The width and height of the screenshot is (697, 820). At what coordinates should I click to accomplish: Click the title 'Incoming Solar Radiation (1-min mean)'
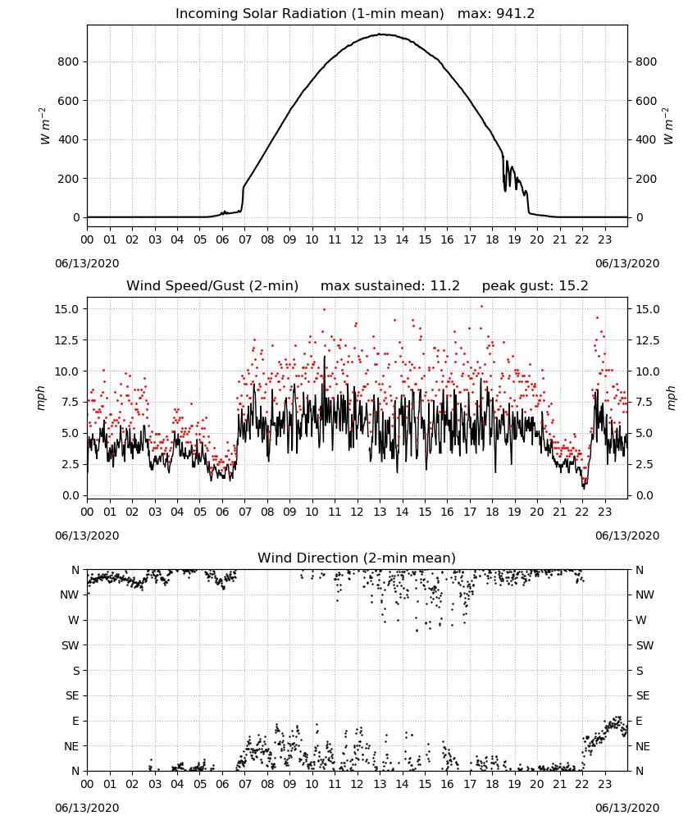coord(309,14)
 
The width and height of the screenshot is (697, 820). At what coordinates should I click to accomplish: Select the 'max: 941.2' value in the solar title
coord(496,14)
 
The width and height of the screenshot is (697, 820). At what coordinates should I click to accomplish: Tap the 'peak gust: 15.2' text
coord(535,286)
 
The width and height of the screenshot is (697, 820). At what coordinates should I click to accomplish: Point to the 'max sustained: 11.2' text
coord(390,286)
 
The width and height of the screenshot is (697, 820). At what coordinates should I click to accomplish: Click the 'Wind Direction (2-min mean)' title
coord(357,558)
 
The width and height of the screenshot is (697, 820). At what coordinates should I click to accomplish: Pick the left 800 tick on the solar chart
coord(68,61)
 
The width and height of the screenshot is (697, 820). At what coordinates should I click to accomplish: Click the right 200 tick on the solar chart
coord(646,179)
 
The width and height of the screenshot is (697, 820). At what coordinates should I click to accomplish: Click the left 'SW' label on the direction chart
coord(70,645)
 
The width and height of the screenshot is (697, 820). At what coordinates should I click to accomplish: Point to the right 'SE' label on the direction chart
coord(643,696)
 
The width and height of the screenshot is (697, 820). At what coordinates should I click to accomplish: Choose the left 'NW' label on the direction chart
coord(70,595)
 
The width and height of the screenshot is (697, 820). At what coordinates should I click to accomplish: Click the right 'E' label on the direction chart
coord(640,721)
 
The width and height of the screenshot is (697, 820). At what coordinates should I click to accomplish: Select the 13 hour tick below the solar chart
coord(380,240)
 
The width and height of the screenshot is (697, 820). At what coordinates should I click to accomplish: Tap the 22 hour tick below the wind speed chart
coord(582,512)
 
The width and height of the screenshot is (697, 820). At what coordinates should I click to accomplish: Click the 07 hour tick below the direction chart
coord(244,784)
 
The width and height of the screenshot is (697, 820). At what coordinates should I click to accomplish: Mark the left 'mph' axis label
coord(41,398)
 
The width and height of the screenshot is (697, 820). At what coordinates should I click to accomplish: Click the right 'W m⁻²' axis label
coord(668,125)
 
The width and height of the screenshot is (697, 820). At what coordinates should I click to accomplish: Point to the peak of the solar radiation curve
coord(381,34)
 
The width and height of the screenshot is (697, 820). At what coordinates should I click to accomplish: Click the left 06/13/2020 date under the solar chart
coord(87,263)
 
